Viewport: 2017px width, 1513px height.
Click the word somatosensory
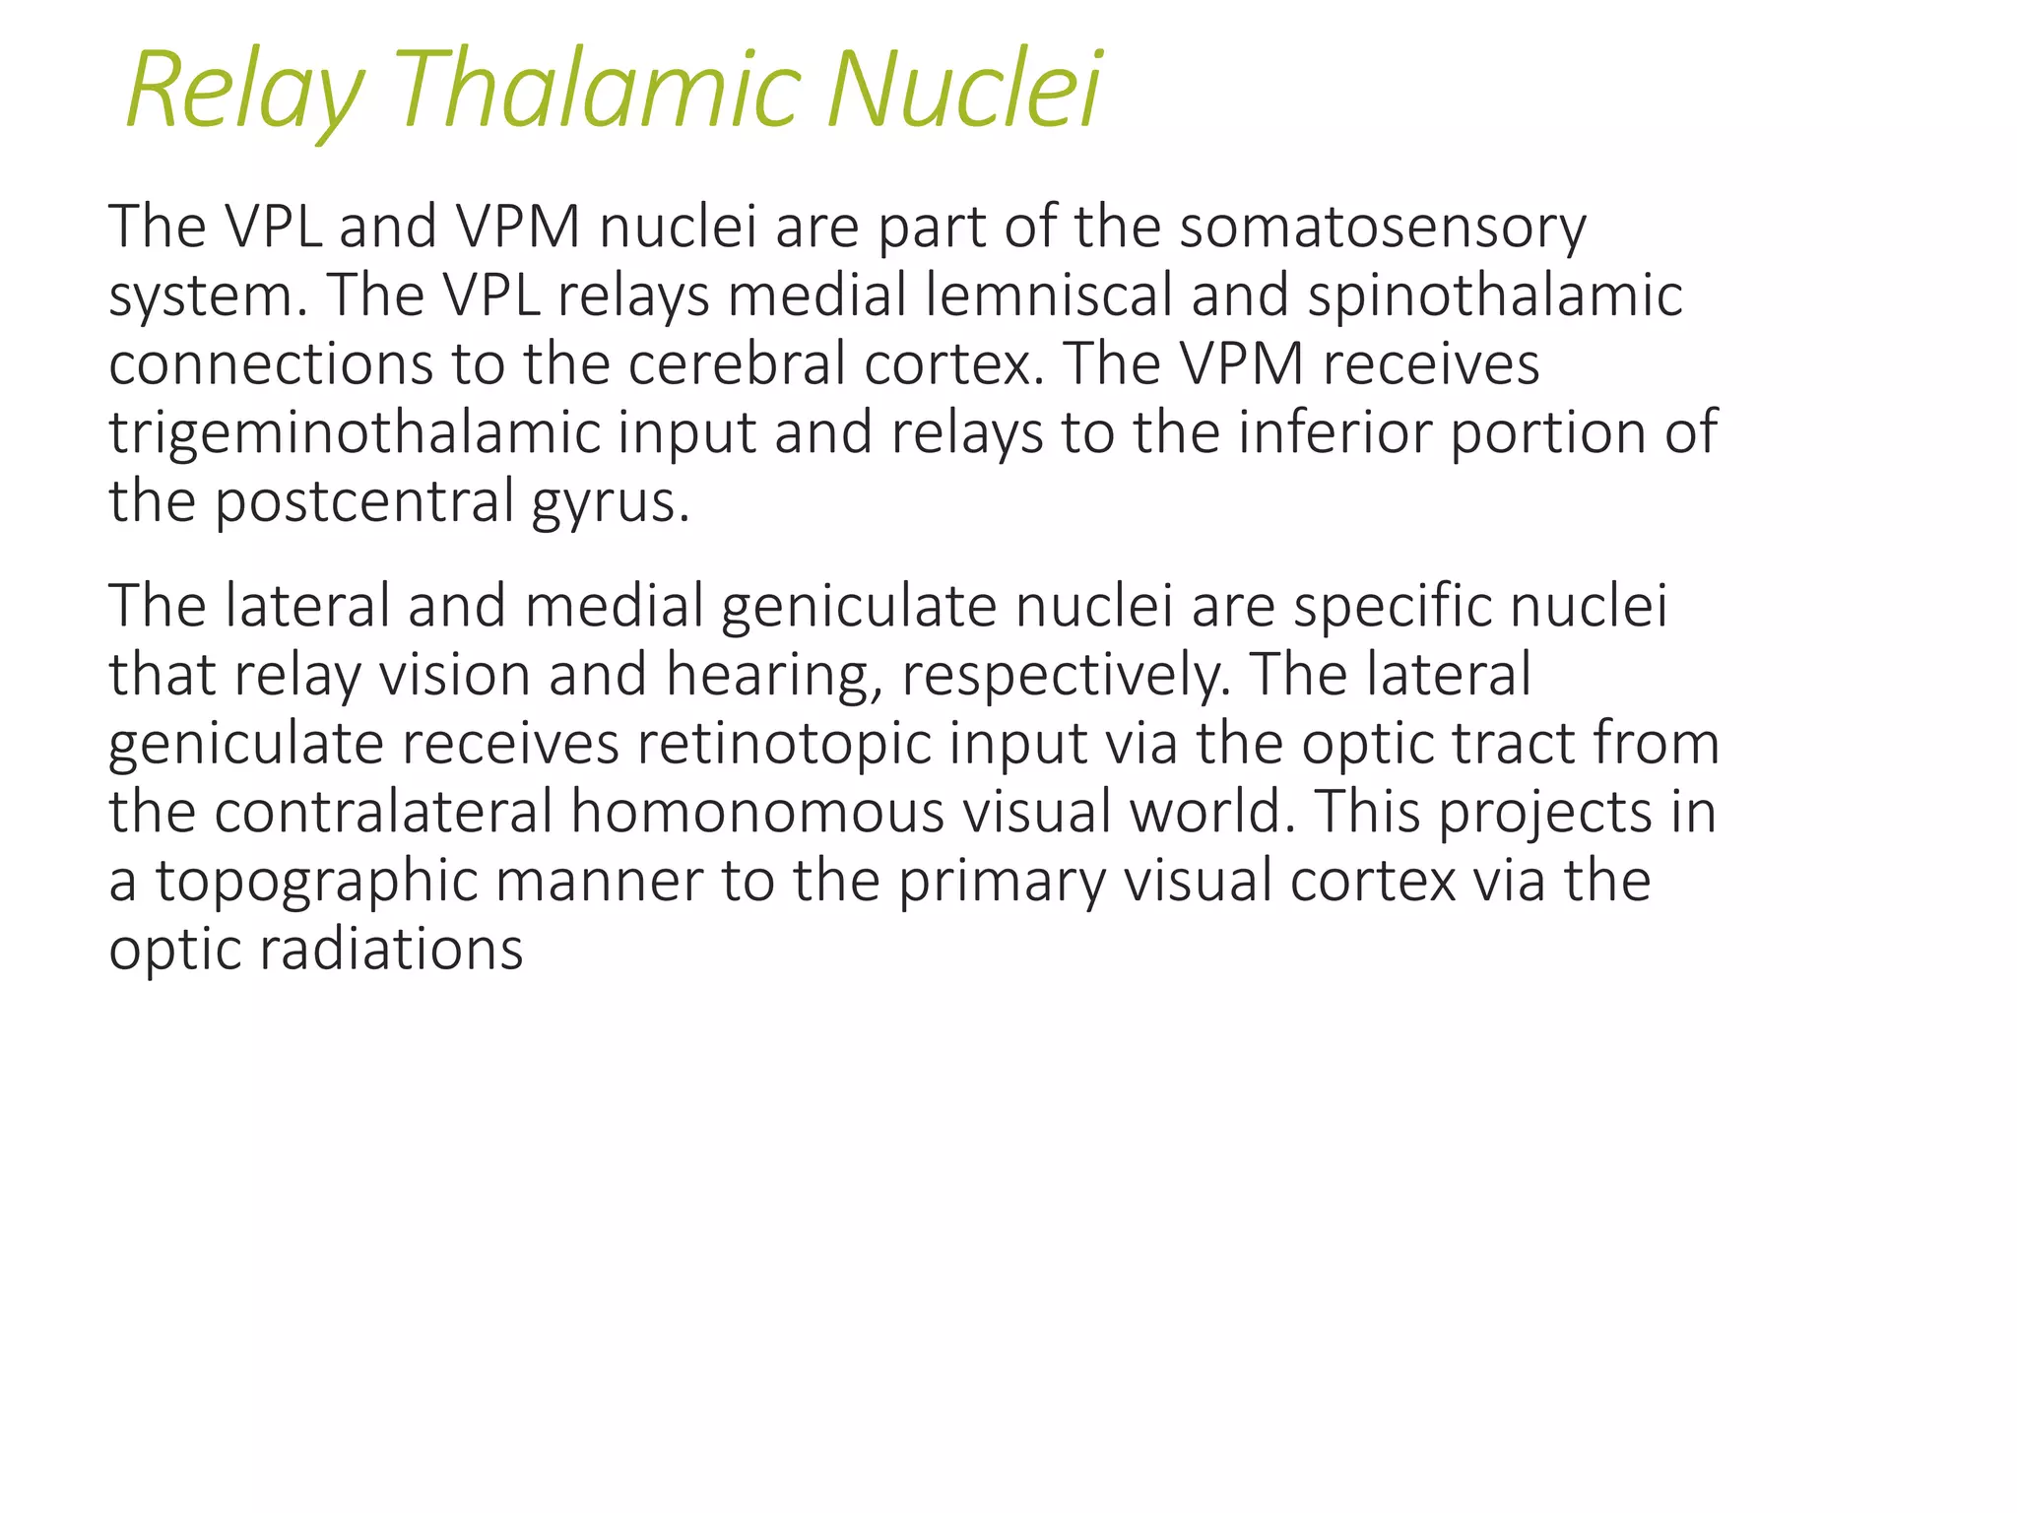(1383, 228)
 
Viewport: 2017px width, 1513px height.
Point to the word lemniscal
(1048, 296)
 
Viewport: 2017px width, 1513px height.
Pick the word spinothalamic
(1494, 296)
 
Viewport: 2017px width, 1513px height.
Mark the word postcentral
(364, 502)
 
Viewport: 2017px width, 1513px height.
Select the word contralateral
(384, 813)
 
